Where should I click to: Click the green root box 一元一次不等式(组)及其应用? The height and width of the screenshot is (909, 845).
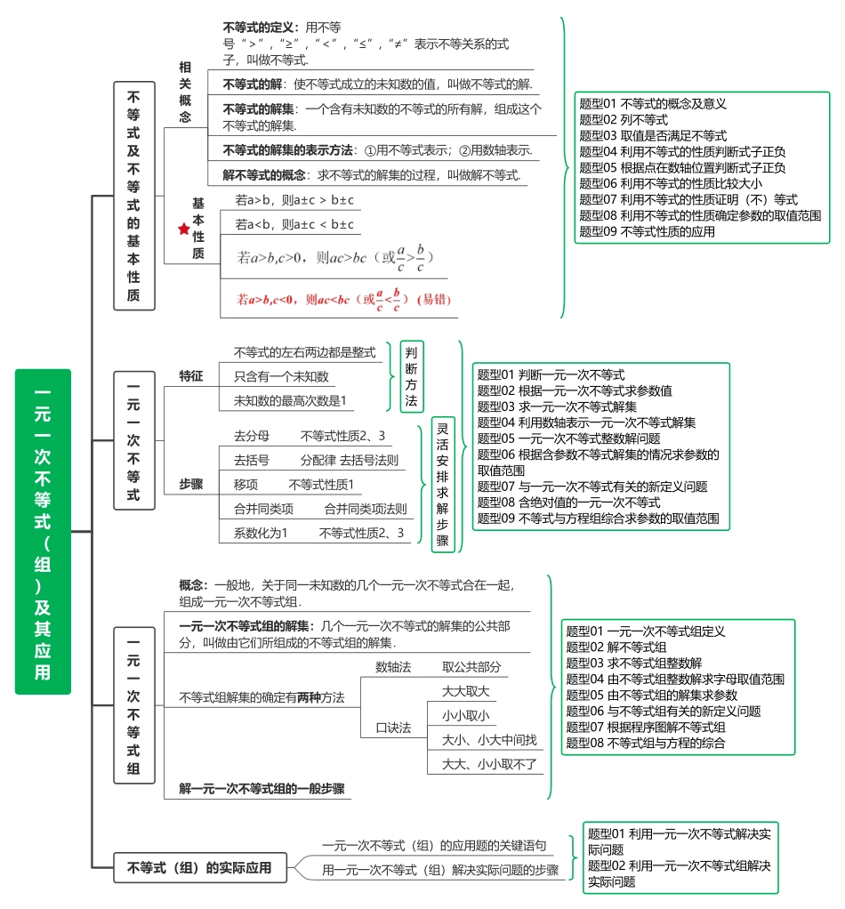(x=43, y=531)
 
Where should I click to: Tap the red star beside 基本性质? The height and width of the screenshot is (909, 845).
(x=184, y=229)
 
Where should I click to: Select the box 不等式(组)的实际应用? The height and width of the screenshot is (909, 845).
(x=200, y=867)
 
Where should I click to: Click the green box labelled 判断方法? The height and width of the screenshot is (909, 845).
(x=411, y=376)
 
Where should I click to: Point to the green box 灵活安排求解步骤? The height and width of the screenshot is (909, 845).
(x=442, y=485)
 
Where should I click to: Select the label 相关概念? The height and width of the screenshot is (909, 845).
(x=185, y=92)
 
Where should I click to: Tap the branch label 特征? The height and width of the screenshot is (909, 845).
(x=190, y=376)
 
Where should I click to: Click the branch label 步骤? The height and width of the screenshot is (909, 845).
(x=190, y=485)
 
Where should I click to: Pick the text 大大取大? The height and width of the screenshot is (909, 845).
(x=466, y=691)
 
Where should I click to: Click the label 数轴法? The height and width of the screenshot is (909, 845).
(x=393, y=667)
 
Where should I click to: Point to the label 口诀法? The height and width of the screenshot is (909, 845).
(x=393, y=728)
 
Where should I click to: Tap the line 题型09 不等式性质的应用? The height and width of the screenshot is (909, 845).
(x=648, y=231)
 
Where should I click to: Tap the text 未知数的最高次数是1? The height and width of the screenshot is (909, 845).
(x=290, y=400)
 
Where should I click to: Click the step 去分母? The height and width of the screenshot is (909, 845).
(x=251, y=436)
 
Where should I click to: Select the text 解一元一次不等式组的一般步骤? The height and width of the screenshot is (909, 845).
(x=262, y=788)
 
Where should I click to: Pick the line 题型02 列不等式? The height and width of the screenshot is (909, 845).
(x=624, y=119)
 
